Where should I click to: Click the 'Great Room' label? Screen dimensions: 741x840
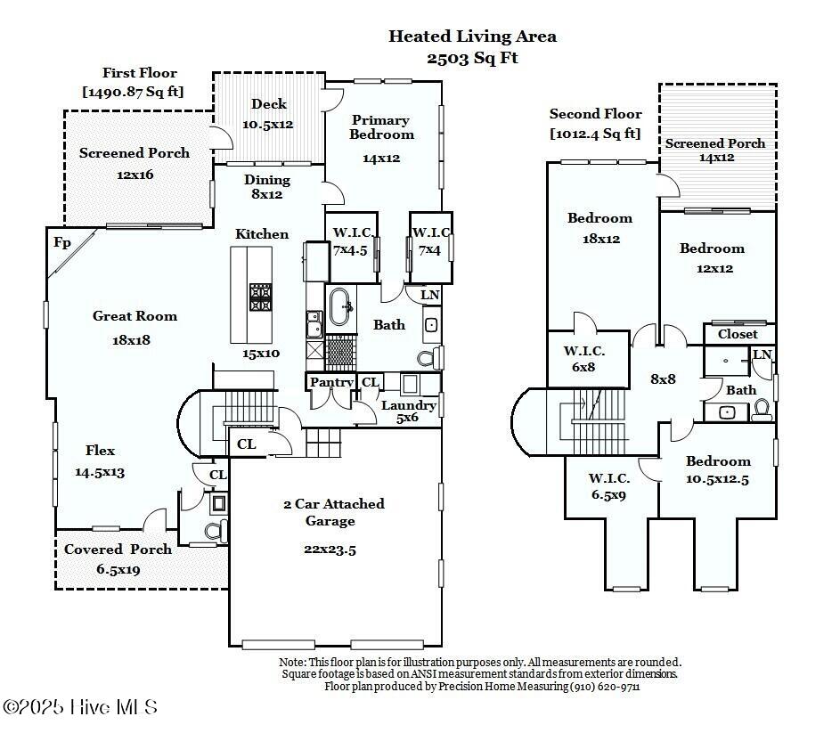[x=135, y=316]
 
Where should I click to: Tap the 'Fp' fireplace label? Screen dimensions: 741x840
[x=62, y=242]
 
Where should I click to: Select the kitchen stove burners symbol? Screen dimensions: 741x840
[x=260, y=297]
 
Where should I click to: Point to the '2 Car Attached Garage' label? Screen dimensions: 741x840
[x=333, y=512]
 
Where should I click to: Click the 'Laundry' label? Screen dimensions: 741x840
[x=409, y=405]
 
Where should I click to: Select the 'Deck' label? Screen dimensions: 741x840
[x=268, y=104]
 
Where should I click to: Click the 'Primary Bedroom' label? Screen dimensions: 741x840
[x=380, y=127]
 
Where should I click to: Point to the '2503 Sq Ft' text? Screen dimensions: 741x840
[x=472, y=58]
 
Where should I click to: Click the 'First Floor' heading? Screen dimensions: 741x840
[x=139, y=73]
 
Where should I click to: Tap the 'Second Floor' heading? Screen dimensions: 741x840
[x=595, y=114]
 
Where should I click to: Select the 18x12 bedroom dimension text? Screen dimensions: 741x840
[x=599, y=239]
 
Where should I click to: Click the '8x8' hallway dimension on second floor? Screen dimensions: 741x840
[x=663, y=379]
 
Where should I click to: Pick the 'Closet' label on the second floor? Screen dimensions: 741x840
[x=738, y=334]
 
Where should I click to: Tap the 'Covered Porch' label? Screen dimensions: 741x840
[x=118, y=550]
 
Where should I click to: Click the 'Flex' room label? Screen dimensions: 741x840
[x=100, y=451]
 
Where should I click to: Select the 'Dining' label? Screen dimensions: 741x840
[x=267, y=180]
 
